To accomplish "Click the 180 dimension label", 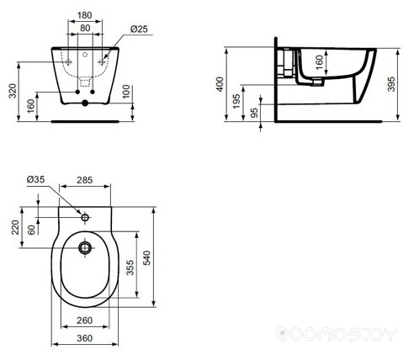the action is tap(85, 15).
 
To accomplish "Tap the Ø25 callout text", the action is tap(139, 29).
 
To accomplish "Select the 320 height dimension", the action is tap(13, 91).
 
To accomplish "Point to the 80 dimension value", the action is tap(85, 28).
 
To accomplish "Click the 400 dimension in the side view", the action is tap(220, 84).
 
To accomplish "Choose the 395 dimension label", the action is tap(391, 84).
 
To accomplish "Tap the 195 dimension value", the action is tap(237, 101).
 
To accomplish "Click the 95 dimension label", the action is tap(254, 113).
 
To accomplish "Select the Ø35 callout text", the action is tap(36, 179).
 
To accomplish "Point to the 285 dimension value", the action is tap(85, 180).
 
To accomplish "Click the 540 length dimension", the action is tap(146, 258).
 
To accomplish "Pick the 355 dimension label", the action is tap(130, 267).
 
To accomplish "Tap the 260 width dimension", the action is tap(85, 320).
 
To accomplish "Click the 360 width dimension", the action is tap(85, 338).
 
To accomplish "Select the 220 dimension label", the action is tap(15, 227).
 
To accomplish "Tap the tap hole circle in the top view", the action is tap(85, 217).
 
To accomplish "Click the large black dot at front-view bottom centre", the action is tap(85, 103).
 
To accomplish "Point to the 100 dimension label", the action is tap(126, 92).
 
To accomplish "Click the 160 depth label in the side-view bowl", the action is tap(319, 62).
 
